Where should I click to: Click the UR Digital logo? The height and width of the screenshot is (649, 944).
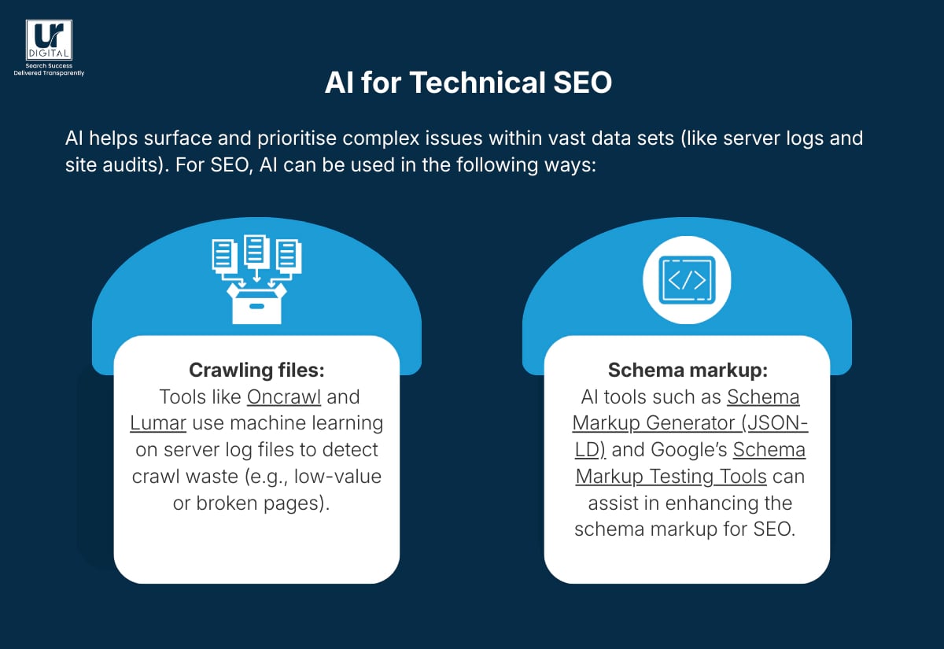point(49,40)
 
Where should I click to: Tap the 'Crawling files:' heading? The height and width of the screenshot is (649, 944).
point(256,370)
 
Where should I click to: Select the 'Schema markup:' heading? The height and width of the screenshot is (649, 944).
point(688,370)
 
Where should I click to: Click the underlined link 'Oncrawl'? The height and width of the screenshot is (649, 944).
point(284,396)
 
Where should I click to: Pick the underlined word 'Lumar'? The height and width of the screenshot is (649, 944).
point(158,423)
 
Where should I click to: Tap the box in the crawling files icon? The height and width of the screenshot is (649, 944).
point(256,304)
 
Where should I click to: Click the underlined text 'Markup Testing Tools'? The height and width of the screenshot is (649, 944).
point(671,476)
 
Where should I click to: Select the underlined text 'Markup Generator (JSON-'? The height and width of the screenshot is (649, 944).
point(690,423)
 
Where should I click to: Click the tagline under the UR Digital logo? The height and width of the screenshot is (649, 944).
point(49,69)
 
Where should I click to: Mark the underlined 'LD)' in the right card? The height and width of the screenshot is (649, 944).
point(589,450)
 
